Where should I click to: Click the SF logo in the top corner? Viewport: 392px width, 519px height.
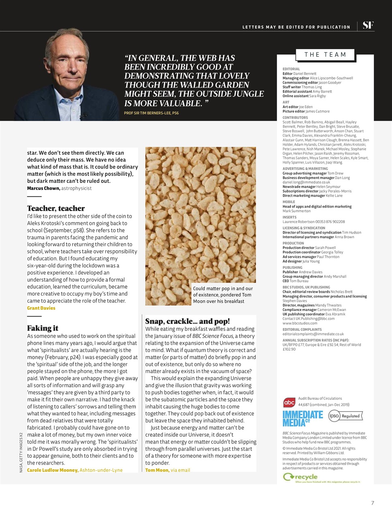tap(368, 26)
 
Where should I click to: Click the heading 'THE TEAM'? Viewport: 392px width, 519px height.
tap(325, 55)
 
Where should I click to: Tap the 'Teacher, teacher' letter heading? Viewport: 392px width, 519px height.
tap(56, 208)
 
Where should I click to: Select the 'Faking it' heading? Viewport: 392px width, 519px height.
tap(43, 328)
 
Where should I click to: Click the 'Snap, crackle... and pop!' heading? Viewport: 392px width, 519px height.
tap(187, 321)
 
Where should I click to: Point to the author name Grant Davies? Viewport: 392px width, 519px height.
tap(41, 308)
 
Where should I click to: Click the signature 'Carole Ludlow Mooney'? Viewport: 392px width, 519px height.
tap(52, 470)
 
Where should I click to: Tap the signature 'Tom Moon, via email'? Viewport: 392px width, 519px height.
tap(167, 470)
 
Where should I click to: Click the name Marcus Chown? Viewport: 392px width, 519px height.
tap(44, 188)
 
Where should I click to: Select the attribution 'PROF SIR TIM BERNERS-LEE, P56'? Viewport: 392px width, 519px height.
tap(151, 113)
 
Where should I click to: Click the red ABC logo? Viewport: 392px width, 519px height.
tap(289, 403)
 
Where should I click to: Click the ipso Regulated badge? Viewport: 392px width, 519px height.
tap(345, 416)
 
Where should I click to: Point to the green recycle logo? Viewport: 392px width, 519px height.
tap(300, 477)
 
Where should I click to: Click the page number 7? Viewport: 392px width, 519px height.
tap(373, 503)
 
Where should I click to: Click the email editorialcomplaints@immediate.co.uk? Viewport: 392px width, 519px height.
tap(313, 334)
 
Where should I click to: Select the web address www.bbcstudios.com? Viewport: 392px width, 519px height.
tap(300, 323)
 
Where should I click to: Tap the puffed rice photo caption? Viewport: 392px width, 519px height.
tap(222, 295)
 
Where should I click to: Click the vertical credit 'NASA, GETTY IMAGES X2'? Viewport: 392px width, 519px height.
tap(21, 452)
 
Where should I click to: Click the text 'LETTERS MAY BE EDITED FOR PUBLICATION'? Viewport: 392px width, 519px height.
tap(296, 27)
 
